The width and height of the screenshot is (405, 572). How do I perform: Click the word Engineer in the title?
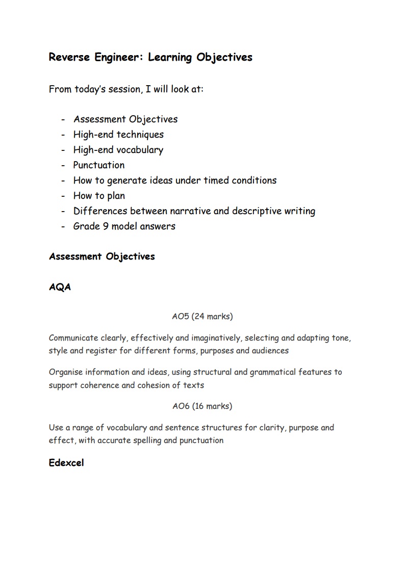tap(119, 57)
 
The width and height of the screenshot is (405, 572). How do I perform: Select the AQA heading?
tap(60, 287)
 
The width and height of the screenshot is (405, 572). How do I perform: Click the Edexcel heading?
tap(66, 463)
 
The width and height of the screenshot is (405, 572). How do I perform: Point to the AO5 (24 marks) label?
tap(202, 316)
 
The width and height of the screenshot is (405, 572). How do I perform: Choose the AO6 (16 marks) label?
tap(202, 406)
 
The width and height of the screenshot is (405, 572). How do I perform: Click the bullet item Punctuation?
tap(99, 165)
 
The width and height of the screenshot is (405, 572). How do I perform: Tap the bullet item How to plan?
tap(99, 196)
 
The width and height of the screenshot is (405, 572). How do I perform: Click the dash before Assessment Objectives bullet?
tap(63, 120)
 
